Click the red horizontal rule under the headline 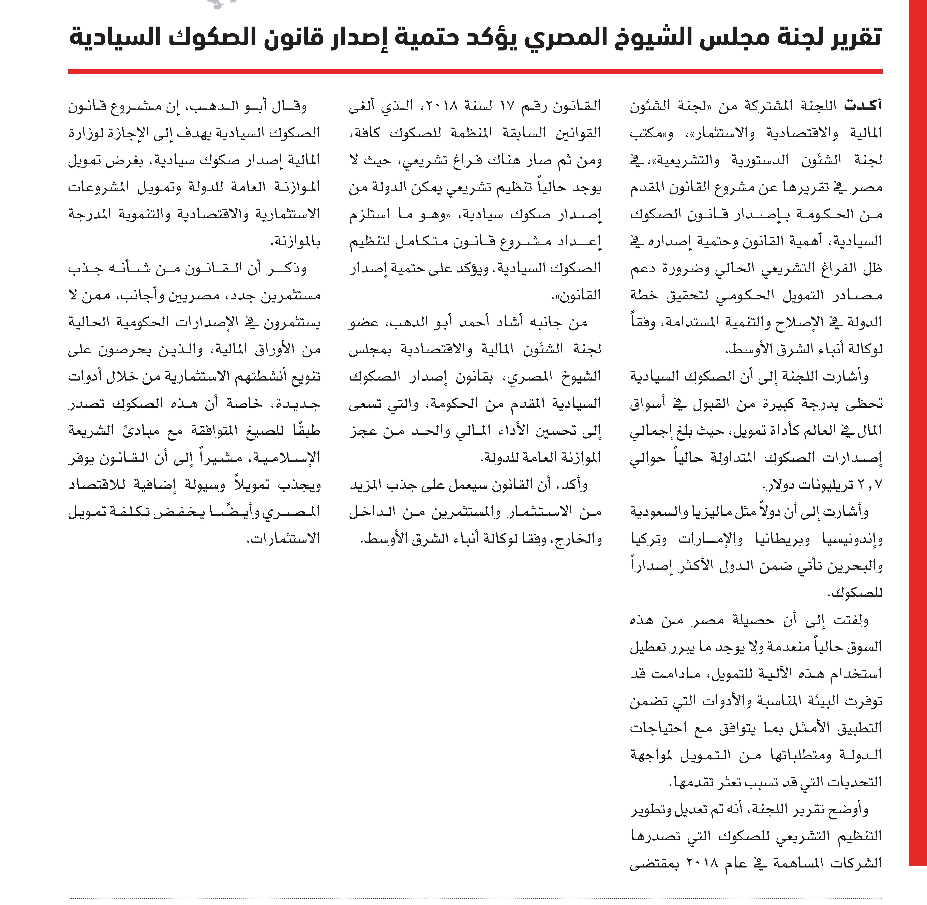click(475, 71)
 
